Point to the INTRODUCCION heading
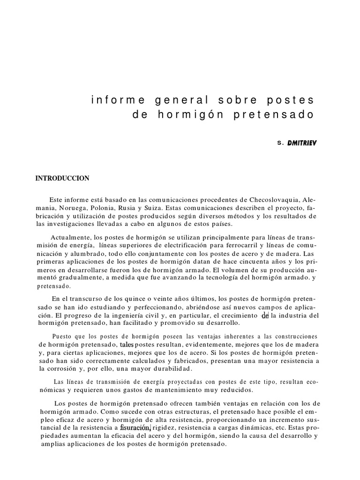click(62, 178)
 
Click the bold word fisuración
click(135, 427)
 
